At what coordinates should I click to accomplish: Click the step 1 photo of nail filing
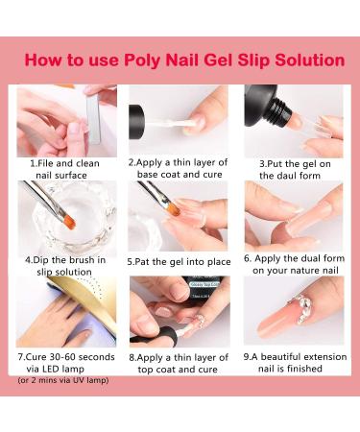coord(66,120)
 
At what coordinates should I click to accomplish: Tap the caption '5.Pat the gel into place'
coord(179,259)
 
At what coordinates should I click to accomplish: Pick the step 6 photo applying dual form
coord(293,216)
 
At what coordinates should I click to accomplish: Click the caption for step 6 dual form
coord(293,265)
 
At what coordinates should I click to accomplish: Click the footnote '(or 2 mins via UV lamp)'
coord(63,380)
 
